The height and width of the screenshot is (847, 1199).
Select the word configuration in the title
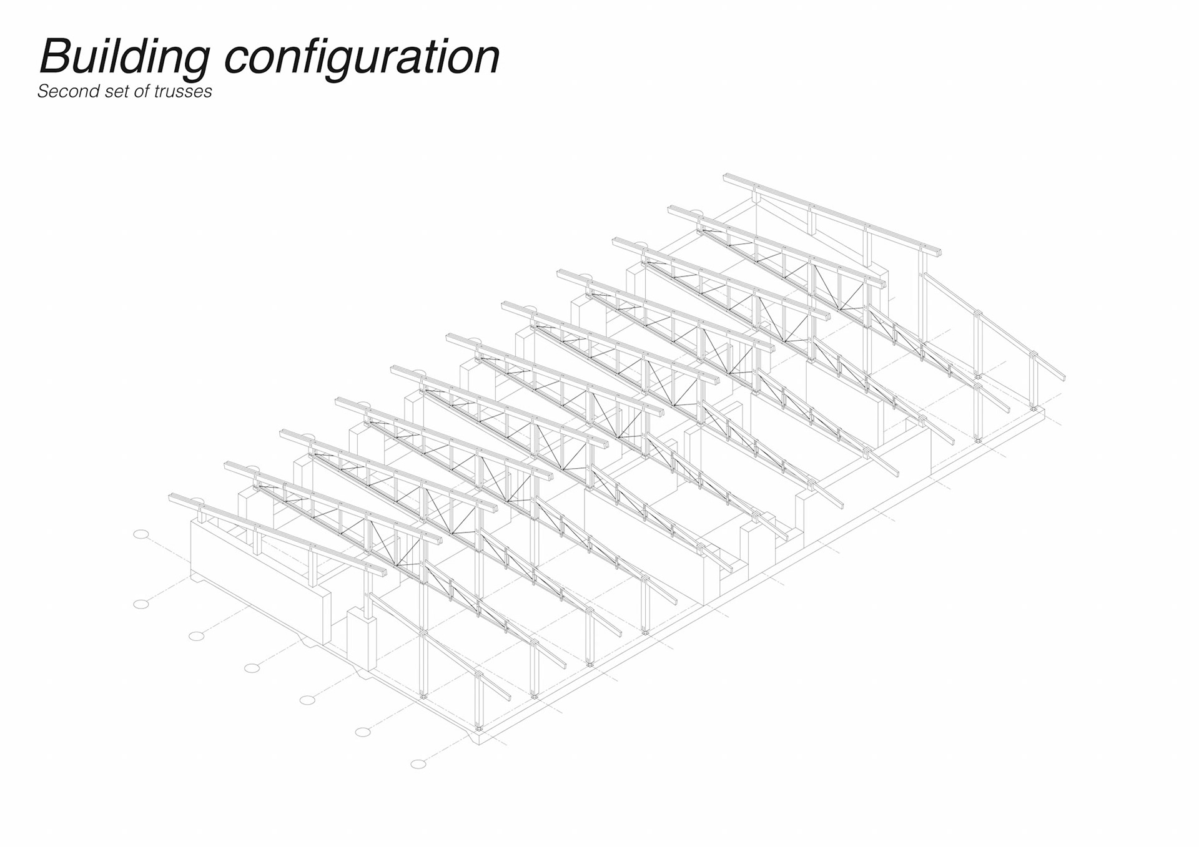tap(362, 57)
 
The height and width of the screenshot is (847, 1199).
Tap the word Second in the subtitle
tap(60, 91)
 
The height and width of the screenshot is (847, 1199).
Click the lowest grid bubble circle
tap(418, 764)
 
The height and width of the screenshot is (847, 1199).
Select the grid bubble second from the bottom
tap(363, 732)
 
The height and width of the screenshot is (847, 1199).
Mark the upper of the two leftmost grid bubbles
tap(141, 534)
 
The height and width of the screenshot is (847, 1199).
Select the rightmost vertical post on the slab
tap(1034, 381)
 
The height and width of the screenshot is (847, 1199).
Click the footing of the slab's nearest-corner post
tap(479, 728)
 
